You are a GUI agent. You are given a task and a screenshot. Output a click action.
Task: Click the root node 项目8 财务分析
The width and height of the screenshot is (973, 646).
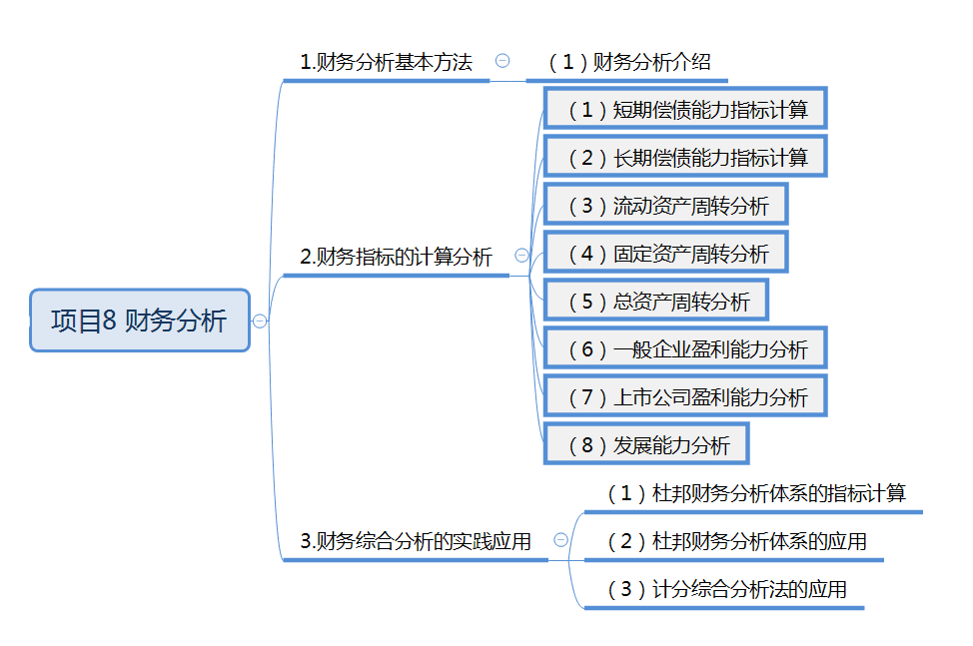[139, 321]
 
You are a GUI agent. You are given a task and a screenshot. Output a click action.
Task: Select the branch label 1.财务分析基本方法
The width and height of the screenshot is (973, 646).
[386, 62]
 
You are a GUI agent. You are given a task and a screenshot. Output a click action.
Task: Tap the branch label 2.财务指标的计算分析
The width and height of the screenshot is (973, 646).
[396, 257]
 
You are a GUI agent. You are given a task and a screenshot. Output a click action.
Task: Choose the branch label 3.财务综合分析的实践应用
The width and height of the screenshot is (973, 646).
[415, 541]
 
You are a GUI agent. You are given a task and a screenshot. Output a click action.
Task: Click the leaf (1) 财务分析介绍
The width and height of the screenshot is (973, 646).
[629, 62]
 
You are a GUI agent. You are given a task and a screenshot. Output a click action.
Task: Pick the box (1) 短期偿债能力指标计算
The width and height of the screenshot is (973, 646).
[685, 110]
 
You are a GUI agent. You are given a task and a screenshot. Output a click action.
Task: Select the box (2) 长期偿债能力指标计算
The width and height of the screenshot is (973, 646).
[685, 158]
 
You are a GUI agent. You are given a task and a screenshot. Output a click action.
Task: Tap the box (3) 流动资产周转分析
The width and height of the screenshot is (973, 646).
[665, 206]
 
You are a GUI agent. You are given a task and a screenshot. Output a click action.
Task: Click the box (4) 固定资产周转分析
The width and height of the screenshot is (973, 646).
[665, 254]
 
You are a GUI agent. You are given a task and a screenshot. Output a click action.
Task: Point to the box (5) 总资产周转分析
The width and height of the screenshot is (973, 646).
[655, 302]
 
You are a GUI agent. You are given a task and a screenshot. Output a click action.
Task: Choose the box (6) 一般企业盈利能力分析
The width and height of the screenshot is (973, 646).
[685, 349]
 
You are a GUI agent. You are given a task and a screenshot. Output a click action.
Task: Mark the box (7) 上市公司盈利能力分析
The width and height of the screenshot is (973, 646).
[685, 397]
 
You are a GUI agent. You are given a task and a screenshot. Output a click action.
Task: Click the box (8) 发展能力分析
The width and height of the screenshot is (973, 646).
[645, 445]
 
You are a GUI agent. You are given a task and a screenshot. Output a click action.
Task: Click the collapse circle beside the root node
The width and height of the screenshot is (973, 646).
[261, 321]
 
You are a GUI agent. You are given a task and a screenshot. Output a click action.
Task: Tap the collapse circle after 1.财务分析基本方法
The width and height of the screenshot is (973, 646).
[502, 60]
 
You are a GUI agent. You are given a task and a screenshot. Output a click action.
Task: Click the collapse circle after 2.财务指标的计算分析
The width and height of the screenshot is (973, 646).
[521, 256]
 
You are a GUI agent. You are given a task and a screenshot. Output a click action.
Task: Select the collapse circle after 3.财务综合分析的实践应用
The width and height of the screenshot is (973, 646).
[560, 539]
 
